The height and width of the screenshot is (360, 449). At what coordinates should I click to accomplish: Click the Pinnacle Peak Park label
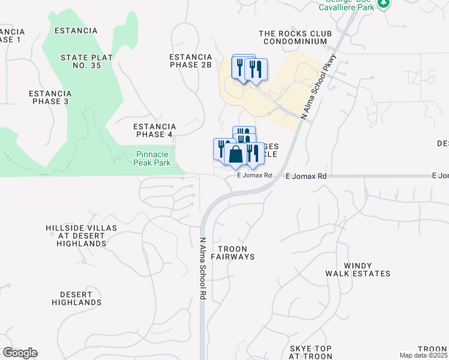tap(149, 158)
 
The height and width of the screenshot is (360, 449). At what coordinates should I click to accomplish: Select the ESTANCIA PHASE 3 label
tap(50, 97)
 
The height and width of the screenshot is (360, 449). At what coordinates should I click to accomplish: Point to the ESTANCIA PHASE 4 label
tap(154, 130)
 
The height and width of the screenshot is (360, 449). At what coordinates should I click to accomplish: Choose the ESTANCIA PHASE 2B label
tap(191, 61)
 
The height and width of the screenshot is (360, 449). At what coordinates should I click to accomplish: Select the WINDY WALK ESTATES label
tap(358, 269)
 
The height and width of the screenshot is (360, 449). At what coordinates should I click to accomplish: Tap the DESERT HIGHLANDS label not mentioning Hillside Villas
tap(80, 298)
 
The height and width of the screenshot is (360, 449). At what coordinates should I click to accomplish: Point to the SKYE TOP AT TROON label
tap(310, 352)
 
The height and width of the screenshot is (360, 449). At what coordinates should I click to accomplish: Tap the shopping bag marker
tap(235, 155)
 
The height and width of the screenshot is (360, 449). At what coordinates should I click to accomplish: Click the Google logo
tap(20, 353)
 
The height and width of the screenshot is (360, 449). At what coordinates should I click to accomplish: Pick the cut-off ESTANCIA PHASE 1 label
tap(11, 35)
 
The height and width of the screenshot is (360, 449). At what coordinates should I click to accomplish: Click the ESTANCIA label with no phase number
tap(76, 31)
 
